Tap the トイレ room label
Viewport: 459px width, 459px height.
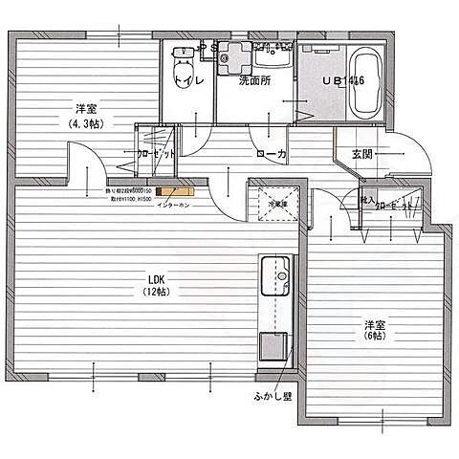188,81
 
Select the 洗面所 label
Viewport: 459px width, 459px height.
254,80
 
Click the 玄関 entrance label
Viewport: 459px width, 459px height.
361,154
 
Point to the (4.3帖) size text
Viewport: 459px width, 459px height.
89,123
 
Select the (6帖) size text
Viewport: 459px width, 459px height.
375,336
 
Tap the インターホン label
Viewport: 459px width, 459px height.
172,203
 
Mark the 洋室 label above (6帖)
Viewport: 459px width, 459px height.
375,322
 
